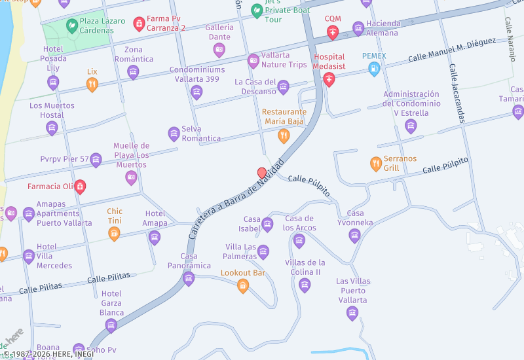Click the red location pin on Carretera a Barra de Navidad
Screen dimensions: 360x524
point(262,173)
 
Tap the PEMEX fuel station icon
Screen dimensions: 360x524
point(374,69)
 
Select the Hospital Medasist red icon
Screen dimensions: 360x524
point(329,79)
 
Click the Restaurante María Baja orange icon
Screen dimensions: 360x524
point(284,136)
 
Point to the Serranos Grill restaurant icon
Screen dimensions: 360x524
point(375,164)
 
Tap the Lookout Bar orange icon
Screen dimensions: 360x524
point(243,285)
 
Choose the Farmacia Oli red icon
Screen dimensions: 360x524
point(80,187)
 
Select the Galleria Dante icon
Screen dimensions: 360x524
point(219,50)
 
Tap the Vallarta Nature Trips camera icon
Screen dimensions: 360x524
point(253,61)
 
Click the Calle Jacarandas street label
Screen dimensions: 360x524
point(457,94)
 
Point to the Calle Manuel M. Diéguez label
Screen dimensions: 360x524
point(451,50)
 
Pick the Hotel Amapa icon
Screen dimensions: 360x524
point(155,237)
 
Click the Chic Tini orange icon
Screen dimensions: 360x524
point(114,234)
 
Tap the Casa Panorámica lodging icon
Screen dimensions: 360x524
point(189,279)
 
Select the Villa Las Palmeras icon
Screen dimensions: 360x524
point(263,252)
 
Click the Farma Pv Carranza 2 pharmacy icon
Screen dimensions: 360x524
point(139,24)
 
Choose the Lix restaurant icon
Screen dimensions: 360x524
point(92,84)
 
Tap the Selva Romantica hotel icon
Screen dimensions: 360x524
point(174,134)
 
